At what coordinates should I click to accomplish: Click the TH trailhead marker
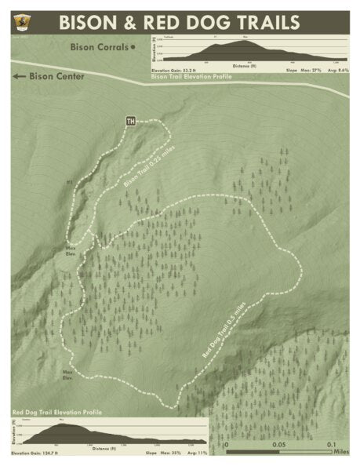131,121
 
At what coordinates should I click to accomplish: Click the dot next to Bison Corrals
134,47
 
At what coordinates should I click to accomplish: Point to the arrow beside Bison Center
19,77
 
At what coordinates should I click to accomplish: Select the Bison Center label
56,77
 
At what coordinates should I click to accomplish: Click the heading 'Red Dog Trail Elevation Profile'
57,411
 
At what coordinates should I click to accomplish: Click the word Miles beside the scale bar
341,453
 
